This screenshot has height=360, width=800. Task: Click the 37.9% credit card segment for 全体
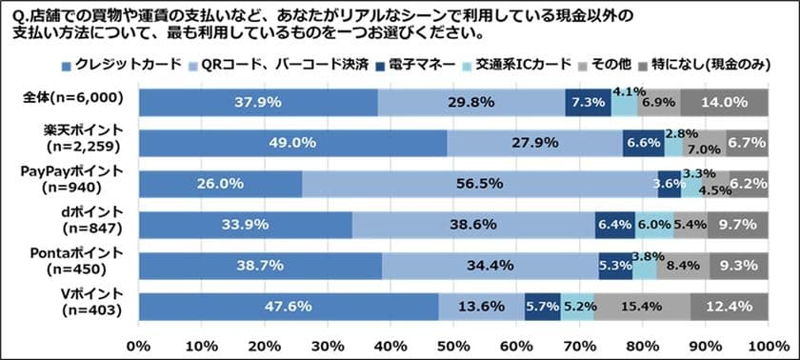point(257,102)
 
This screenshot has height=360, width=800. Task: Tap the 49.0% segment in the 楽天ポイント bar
point(292,143)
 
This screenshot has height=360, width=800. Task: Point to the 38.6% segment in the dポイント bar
point(472,225)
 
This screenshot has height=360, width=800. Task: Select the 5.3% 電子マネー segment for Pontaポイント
point(614,266)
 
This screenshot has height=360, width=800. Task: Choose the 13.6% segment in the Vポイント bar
point(481,307)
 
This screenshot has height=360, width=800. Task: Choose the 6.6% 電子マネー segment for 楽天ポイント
point(643,143)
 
